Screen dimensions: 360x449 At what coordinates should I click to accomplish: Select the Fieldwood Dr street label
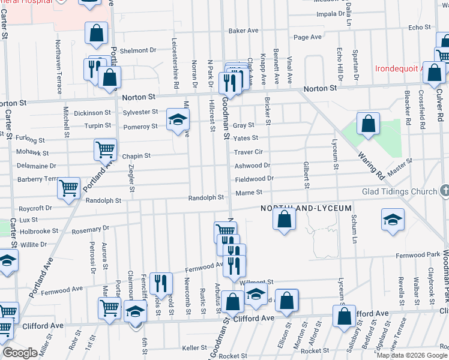(x=254, y=178)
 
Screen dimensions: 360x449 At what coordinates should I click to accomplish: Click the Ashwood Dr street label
(x=252, y=165)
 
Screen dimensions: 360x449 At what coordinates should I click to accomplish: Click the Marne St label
(x=251, y=192)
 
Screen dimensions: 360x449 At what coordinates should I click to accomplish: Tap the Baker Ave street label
(x=243, y=31)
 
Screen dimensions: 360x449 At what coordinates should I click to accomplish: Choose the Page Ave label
(x=308, y=37)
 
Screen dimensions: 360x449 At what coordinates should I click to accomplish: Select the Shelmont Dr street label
(x=137, y=51)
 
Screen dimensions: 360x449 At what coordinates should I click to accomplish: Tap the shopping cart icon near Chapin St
(x=105, y=149)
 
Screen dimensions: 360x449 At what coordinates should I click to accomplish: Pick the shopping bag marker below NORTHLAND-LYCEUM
(x=285, y=220)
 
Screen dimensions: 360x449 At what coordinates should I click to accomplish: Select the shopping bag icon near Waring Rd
(x=368, y=124)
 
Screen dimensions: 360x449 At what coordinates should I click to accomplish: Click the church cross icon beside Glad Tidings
(x=444, y=191)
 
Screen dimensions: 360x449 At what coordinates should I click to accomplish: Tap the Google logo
(x=20, y=353)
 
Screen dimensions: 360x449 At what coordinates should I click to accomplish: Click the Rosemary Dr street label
(x=90, y=229)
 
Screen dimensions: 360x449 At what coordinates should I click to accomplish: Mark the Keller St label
(x=194, y=348)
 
